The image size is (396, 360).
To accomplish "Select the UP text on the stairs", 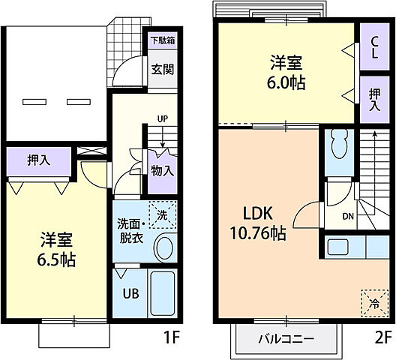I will point(162,118).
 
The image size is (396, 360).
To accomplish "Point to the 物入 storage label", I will point(162,170).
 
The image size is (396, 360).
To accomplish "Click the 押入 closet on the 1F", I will point(38,159).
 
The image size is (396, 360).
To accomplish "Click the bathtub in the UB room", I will point(162,295).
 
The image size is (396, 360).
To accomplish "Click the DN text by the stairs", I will point(348,217).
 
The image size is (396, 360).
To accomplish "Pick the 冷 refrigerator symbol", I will point(373,302).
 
